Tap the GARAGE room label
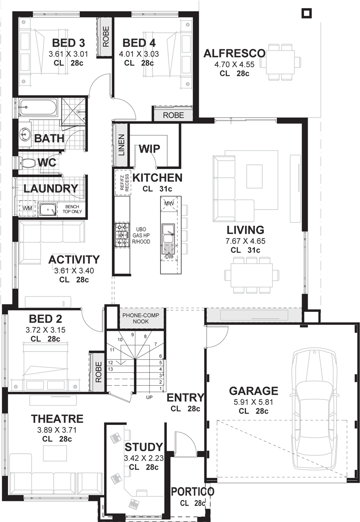click(253, 391)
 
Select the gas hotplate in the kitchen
click(122, 235)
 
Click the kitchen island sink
click(168, 234)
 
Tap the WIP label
click(149, 148)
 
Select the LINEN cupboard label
click(121, 145)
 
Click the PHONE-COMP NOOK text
click(140, 318)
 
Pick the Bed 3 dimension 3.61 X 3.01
click(68, 54)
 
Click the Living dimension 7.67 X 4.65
click(245, 241)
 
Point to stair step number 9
click(133, 334)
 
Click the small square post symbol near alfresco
click(306, 13)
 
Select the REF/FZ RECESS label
click(123, 182)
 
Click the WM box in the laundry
click(27, 208)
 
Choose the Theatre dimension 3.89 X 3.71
click(57, 430)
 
